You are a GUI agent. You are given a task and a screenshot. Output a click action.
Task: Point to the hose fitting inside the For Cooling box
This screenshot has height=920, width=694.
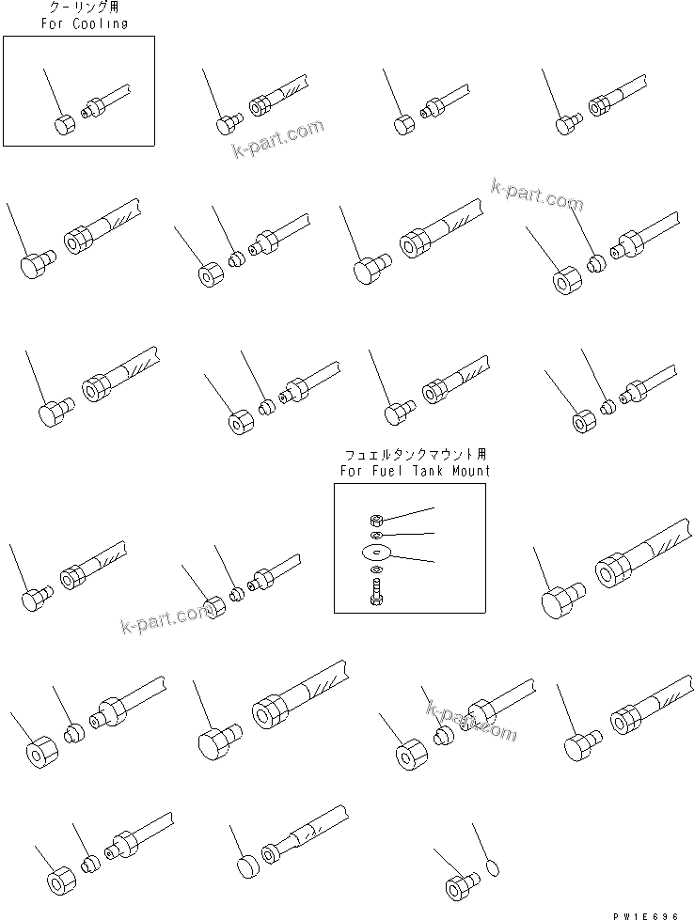click(x=104, y=101)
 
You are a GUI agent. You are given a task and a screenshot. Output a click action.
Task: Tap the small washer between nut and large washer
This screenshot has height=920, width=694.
click(x=375, y=535)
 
